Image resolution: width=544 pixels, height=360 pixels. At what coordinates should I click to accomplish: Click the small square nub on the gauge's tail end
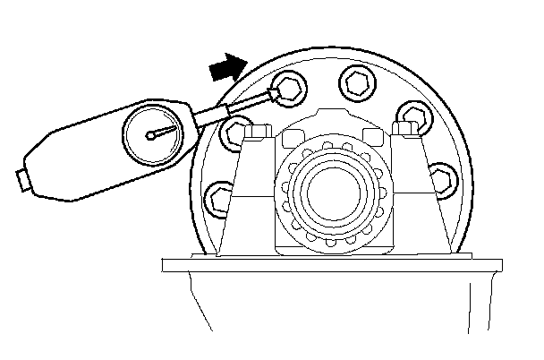point(20,181)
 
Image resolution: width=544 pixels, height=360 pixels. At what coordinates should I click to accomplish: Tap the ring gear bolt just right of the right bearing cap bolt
point(409,116)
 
